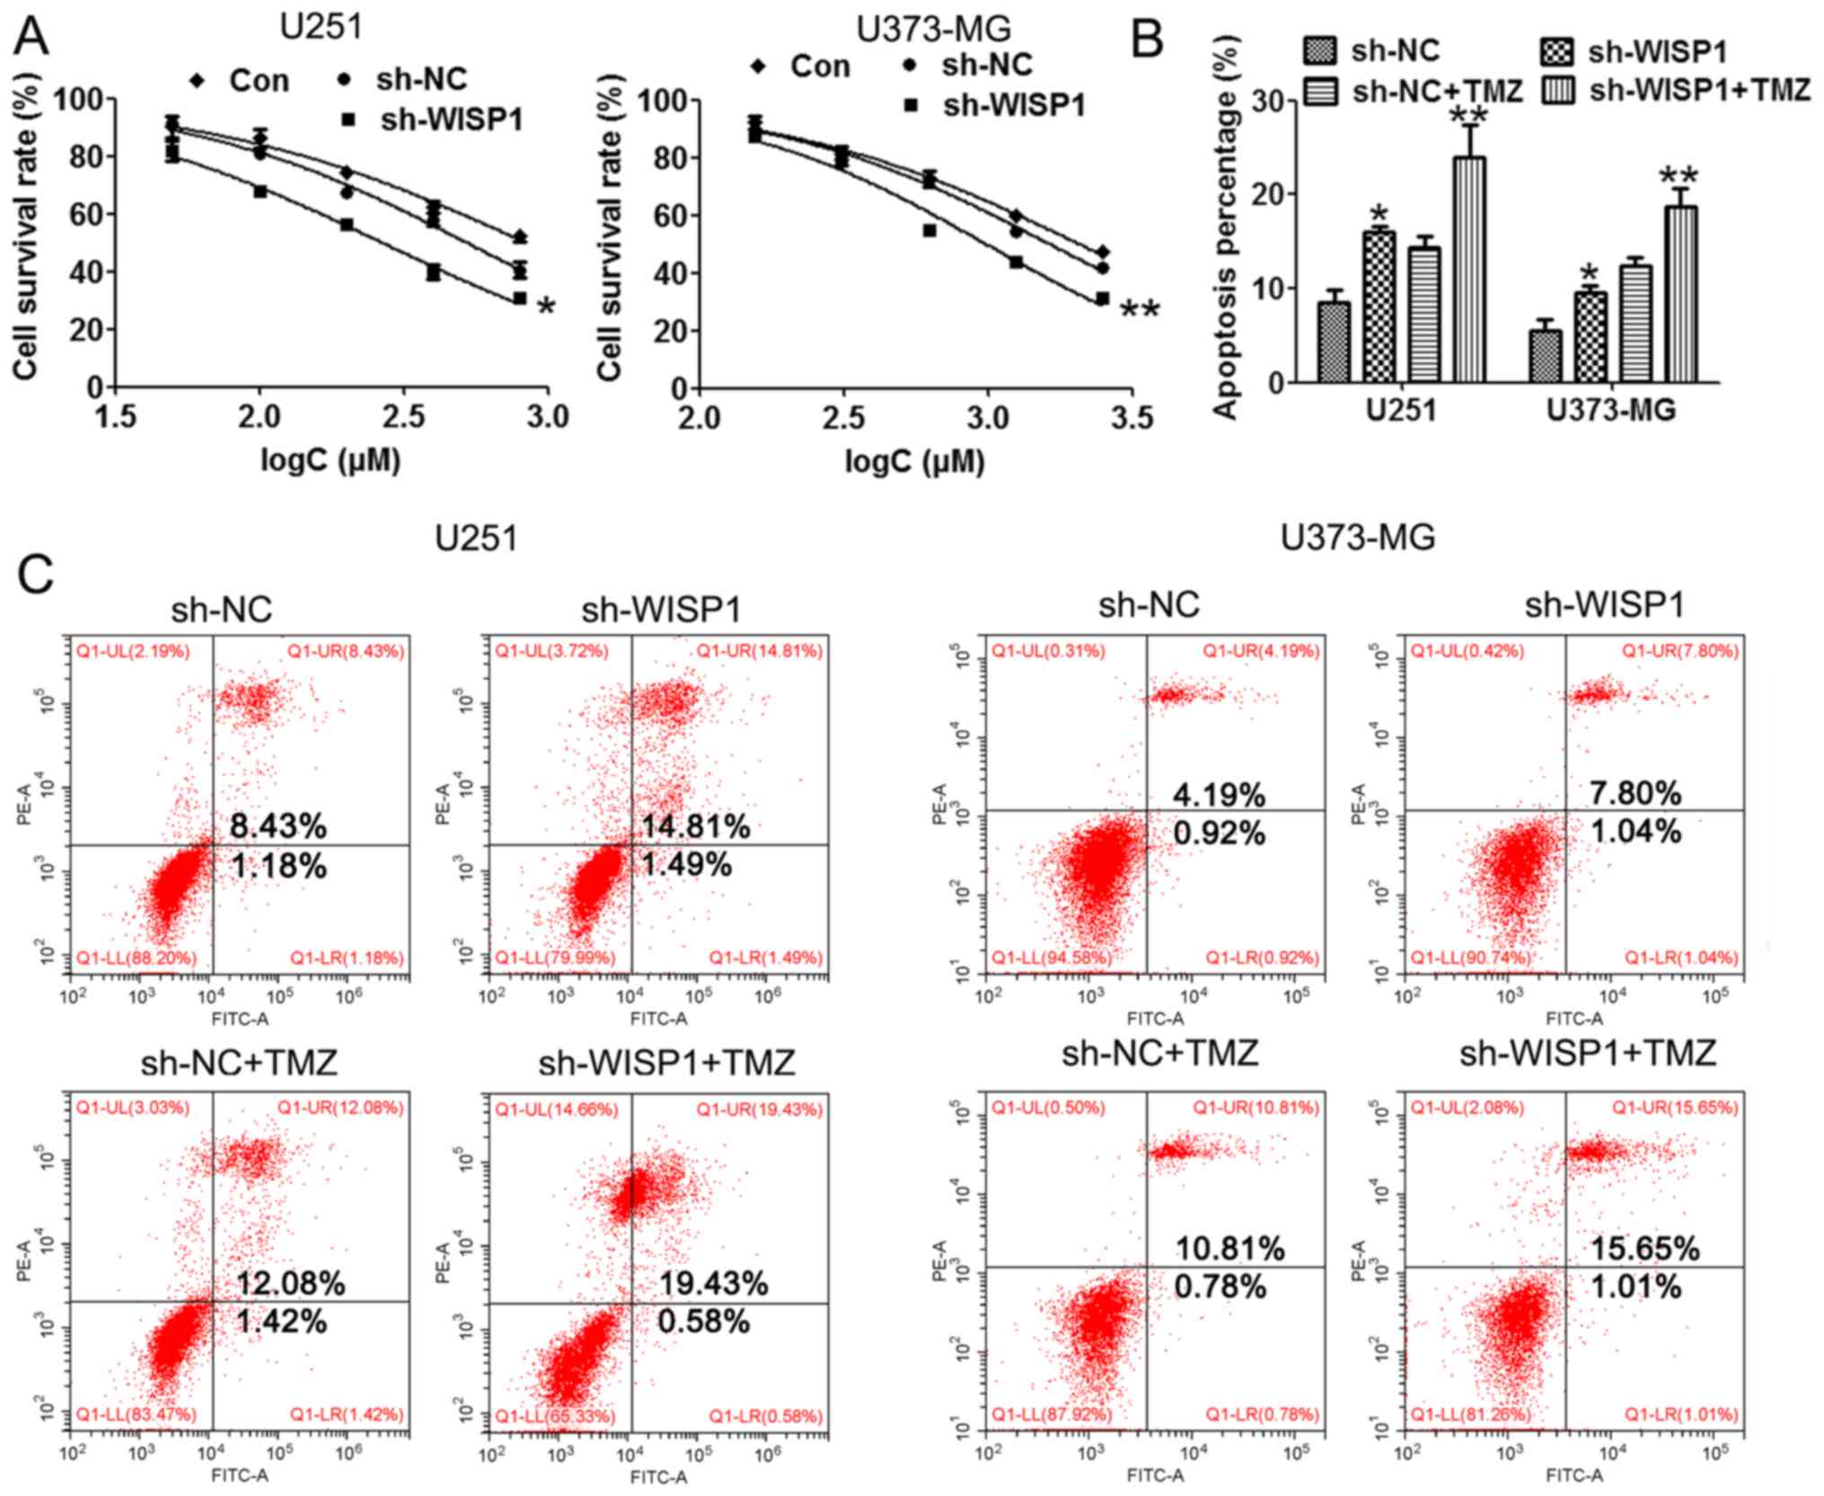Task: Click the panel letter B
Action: [1146, 40]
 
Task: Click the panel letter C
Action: [36, 575]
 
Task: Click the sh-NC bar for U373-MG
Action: [1545, 356]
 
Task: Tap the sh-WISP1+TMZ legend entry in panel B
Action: [1675, 91]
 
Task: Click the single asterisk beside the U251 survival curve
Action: [546, 308]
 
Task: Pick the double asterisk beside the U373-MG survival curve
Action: [1140, 311]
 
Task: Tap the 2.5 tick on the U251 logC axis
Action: [403, 418]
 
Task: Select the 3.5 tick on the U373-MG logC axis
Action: [1131, 418]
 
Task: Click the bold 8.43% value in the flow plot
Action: [278, 826]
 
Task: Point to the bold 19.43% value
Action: [714, 1284]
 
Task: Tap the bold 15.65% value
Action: [1645, 1248]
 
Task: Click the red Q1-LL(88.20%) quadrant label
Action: [136, 958]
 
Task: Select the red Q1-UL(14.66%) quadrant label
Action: [556, 1110]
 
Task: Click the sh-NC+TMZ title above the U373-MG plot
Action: [1159, 1052]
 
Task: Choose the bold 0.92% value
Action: [1220, 833]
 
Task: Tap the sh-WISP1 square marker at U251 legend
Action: [348, 119]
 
